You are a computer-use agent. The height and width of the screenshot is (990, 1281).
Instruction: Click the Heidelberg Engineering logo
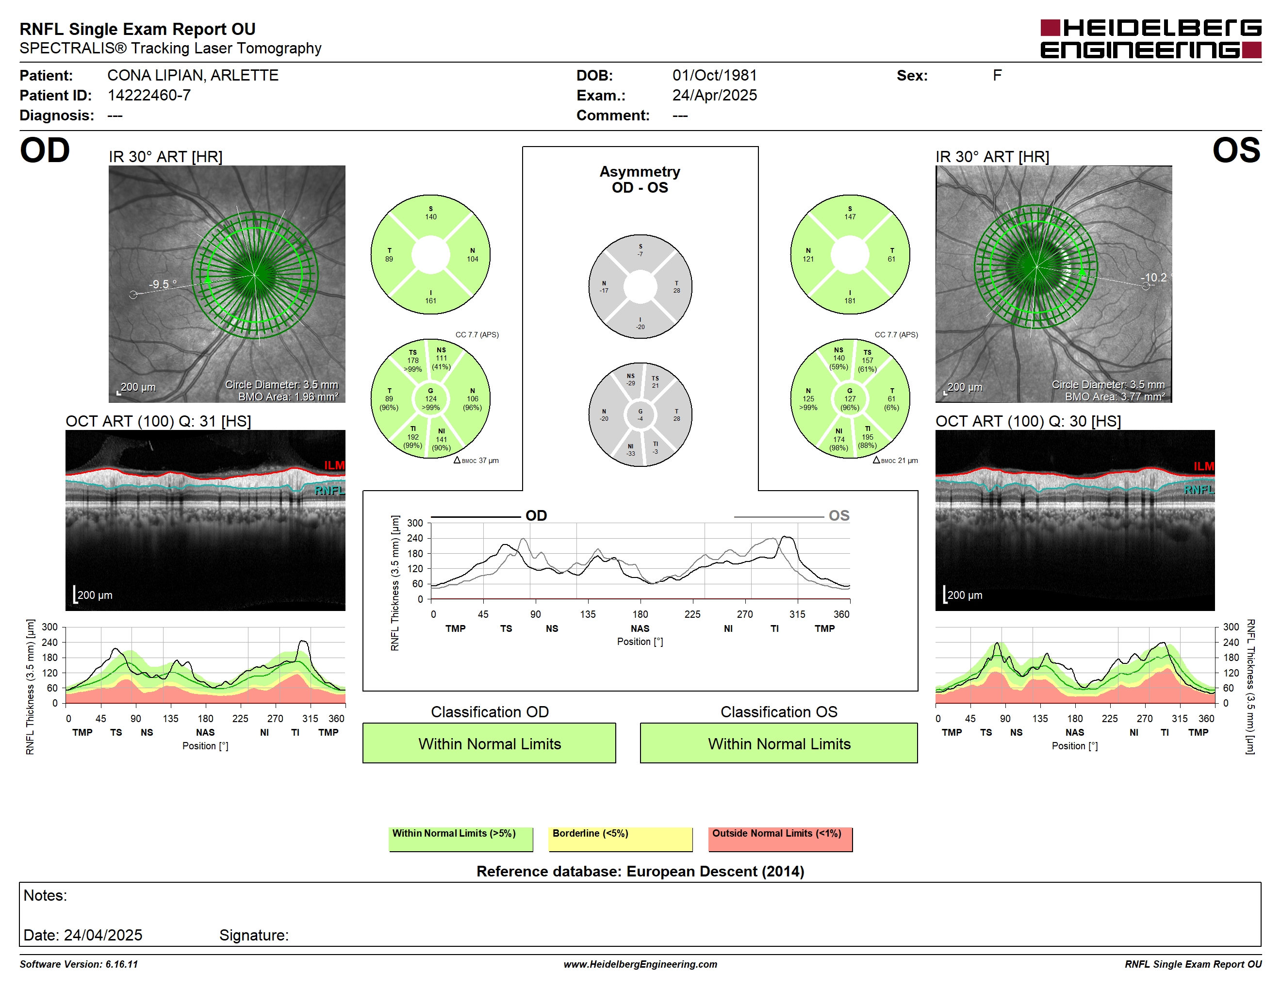(x=1151, y=39)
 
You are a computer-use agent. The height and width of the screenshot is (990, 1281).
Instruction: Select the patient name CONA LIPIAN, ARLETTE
(x=192, y=76)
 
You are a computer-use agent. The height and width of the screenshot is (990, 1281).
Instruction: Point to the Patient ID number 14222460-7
(x=149, y=96)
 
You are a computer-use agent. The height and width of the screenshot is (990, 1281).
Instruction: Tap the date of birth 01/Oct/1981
(x=714, y=76)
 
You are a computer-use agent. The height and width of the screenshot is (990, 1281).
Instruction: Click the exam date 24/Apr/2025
(x=714, y=96)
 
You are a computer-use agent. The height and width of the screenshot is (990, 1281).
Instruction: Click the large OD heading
(x=45, y=151)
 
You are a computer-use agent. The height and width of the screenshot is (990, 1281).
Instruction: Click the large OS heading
(x=1236, y=151)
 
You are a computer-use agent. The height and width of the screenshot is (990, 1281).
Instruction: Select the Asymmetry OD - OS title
(x=640, y=180)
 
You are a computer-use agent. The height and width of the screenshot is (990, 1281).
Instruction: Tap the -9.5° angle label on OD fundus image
(x=163, y=284)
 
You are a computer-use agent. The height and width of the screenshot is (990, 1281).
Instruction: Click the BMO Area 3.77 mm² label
(x=1115, y=397)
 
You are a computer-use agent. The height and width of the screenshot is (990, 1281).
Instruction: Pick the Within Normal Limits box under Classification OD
(x=489, y=743)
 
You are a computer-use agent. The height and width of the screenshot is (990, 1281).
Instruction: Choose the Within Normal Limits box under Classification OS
(x=779, y=743)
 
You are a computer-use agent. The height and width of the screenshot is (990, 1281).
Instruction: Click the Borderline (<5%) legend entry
(x=621, y=839)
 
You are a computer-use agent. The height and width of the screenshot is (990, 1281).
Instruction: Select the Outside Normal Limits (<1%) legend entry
(x=781, y=839)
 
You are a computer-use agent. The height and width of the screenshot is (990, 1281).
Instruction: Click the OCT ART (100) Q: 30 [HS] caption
(x=1028, y=421)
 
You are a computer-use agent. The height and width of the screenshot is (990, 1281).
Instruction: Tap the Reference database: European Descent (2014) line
(x=640, y=872)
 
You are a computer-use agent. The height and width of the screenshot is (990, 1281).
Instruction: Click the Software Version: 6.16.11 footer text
(x=79, y=964)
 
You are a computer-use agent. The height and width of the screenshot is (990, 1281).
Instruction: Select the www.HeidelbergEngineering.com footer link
(x=640, y=964)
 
